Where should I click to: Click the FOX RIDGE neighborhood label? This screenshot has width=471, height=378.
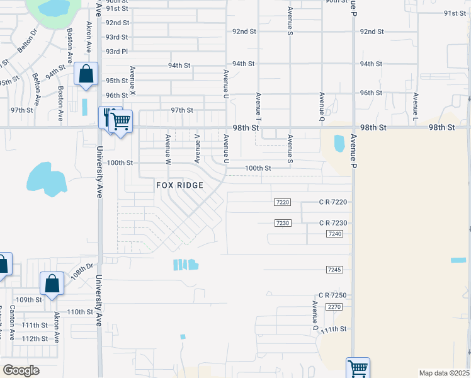pyautogui.click(x=180, y=185)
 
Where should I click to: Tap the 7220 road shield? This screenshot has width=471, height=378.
pyautogui.click(x=283, y=202)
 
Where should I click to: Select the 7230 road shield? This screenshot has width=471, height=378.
pyautogui.click(x=283, y=223)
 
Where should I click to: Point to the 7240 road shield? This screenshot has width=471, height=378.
pyautogui.click(x=334, y=234)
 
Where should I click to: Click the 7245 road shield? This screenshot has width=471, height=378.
pyautogui.click(x=334, y=270)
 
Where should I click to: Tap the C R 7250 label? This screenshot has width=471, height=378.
pyautogui.click(x=332, y=295)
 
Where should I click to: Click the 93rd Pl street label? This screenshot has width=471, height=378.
pyautogui.click(x=116, y=52)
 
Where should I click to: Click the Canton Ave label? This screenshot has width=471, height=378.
pyautogui.click(x=12, y=321)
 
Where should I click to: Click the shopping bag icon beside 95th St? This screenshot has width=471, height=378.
pyautogui.click(x=85, y=74)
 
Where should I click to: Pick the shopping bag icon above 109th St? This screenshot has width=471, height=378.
pyautogui.click(x=52, y=283)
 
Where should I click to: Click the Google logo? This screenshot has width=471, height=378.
pyautogui.click(x=21, y=370)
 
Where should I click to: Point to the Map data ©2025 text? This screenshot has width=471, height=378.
pyautogui.click(x=443, y=373)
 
